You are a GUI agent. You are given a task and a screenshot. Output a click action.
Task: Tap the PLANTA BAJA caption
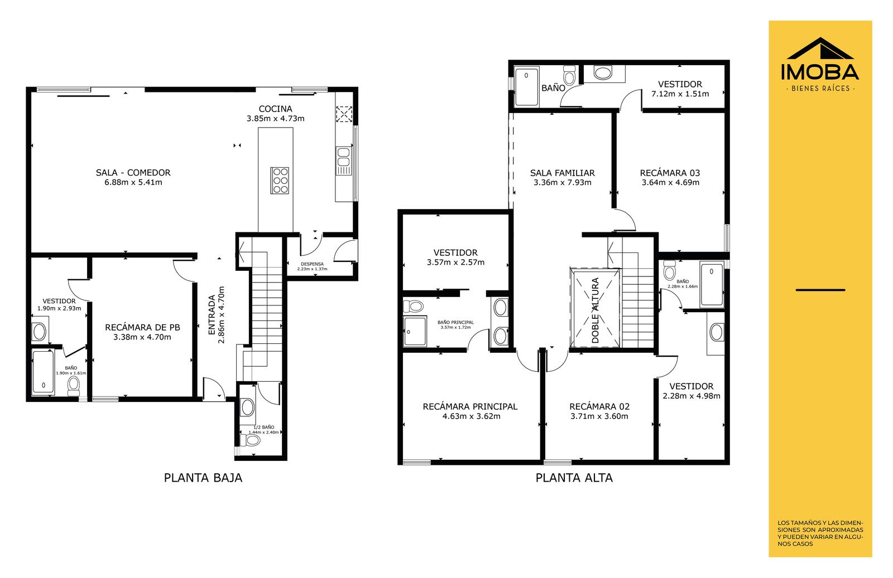tap(203, 478)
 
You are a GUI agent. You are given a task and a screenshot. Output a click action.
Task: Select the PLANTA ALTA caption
tap(574, 478)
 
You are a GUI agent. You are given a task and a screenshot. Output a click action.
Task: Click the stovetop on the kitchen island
tap(280, 181)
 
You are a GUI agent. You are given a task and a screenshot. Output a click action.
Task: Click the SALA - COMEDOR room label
tap(133, 173)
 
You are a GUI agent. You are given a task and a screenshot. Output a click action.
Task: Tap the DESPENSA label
tap(312, 264)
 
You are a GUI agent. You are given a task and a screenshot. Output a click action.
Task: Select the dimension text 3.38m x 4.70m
tap(142, 337)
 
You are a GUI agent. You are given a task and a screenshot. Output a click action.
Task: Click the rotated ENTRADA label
tap(212, 314)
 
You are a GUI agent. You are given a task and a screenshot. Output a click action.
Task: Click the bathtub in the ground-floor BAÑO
tap(43, 372)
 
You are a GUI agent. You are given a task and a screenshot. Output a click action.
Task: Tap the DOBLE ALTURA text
tap(595, 310)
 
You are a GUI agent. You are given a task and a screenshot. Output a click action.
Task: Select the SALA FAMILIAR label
tap(562, 173)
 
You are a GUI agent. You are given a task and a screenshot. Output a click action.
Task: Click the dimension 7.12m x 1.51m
tap(680, 94)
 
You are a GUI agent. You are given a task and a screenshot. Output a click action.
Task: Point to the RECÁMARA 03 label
tap(670, 173)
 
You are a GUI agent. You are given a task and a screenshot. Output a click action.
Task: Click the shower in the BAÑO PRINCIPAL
tap(415, 331)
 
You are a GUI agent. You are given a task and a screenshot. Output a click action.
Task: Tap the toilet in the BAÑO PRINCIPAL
tap(413, 307)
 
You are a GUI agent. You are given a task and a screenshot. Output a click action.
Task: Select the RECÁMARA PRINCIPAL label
tap(470, 407)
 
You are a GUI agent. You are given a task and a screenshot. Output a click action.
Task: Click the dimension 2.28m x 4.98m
tap(692, 396)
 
